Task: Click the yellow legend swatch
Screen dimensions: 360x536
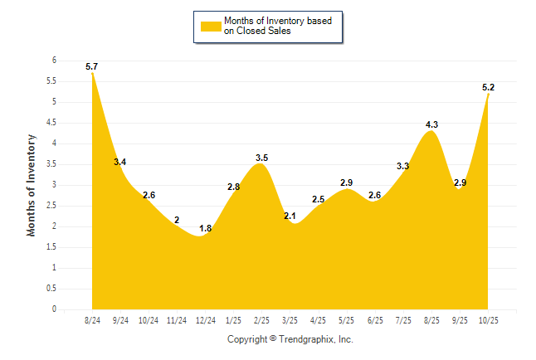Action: pyautogui.click(x=211, y=26)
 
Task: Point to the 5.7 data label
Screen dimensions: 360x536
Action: pyautogui.click(x=91, y=66)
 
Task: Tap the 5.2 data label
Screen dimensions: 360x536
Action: pyautogui.click(x=489, y=87)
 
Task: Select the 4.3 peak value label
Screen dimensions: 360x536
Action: pyautogui.click(x=431, y=124)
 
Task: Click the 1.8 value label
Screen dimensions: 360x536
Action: pyautogui.click(x=205, y=228)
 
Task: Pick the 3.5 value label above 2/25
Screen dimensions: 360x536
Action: pyautogui.click(x=261, y=158)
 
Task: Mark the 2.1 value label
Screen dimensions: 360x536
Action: pyautogui.click(x=290, y=216)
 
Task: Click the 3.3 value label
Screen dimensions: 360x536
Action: pyautogui.click(x=403, y=166)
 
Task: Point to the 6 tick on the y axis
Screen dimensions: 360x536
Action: pyautogui.click(x=53, y=61)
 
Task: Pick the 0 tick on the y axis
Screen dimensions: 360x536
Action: pyautogui.click(x=53, y=309)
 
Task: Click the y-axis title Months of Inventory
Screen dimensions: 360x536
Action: pyautogui.click(x=32, y=185)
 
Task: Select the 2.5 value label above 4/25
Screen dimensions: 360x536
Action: pyautogui.click(x=318, y=199)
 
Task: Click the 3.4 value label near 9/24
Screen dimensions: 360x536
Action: pyautogui.click(x=119, y=162)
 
